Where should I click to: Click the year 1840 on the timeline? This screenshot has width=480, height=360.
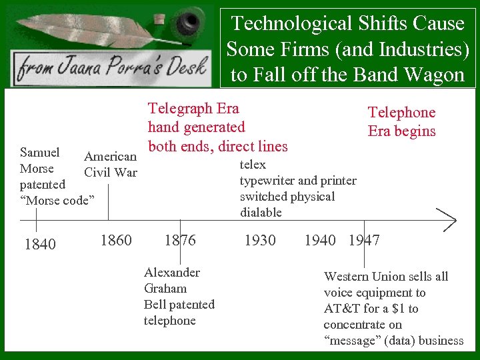click(x=40, y=245)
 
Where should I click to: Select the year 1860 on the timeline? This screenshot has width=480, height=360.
click(x=116, y=240)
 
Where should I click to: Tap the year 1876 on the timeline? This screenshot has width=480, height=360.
click(x=180, y=240)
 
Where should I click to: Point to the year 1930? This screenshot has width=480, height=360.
click(x=260, y=240)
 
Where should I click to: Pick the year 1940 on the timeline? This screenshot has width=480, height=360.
click(x=320, y=240)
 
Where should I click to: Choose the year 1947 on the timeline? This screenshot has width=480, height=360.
click(x=364, y=240)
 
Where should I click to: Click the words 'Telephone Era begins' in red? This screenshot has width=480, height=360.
click(x=401, y=121)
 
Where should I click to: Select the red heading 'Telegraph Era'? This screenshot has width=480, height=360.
click(x=193, y=108)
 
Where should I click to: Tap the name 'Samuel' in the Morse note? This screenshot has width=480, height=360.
click(x=40, y=153)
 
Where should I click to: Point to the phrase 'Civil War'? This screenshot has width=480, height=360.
click(x=111, y=173)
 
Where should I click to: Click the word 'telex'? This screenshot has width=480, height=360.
click(x=253, y=165)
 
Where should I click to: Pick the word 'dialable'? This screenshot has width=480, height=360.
click(x=261, y=213)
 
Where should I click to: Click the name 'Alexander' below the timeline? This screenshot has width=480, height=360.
click(x=171, y=273)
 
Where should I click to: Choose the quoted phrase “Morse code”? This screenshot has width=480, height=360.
click(x=58, y=201)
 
